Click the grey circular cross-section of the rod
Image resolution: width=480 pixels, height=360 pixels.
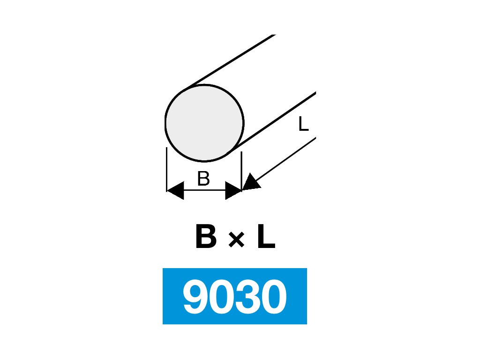point(204,123)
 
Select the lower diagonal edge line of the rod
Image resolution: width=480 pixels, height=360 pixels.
point(277,120)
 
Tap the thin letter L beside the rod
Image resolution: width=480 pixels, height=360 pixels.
point(303,124)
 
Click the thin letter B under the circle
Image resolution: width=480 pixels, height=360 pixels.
point(203,179)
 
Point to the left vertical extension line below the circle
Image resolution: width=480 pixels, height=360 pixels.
point(167,169)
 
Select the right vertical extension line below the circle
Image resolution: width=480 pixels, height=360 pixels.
point(241,169)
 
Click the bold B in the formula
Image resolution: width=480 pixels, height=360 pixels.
point(206,238)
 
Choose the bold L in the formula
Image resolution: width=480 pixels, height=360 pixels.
point(265,238)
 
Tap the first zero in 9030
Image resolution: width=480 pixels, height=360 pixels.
point(221,297)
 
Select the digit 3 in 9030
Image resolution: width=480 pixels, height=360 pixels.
point(247,297)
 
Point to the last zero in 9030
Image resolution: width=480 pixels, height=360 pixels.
point(274,297)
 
